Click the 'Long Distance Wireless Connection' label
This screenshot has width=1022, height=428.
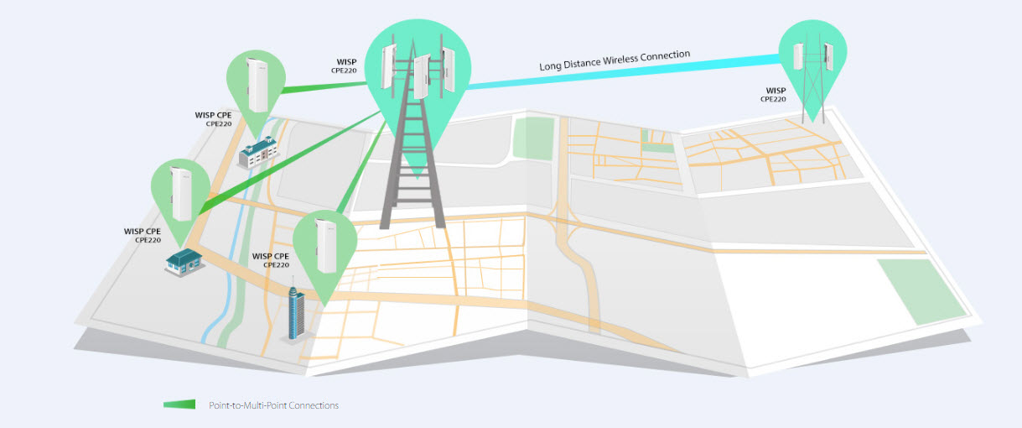coord(615,60)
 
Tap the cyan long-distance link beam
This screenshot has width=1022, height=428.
coord(623,70)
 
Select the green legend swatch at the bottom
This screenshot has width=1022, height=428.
coord(179,405)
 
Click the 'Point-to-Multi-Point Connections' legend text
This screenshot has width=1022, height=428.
coord(274,405)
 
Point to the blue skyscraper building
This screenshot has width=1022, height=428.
coord(297,313)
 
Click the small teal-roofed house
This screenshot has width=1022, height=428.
coord(184,262)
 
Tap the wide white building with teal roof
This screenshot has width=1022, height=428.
coord(259,152)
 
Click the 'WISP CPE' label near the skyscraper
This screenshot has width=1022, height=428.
coord(271,256)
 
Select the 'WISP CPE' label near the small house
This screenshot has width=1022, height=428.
coord(143,232)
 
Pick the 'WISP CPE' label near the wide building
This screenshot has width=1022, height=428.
coord(213,115)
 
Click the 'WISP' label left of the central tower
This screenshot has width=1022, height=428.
coord(347,61)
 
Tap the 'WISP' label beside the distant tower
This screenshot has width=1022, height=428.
coord(776,91)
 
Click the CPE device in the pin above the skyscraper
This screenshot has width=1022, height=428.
coord(326,246)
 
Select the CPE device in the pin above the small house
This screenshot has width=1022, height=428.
coord(181,194)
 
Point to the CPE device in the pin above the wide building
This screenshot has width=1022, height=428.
coord(257,85)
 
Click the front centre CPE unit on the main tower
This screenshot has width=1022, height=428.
coord(422,76)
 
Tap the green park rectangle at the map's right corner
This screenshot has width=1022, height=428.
coord(921,291)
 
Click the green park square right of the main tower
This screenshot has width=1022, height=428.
coord(533,138)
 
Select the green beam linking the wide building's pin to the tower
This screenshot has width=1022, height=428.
coord(324,87)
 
